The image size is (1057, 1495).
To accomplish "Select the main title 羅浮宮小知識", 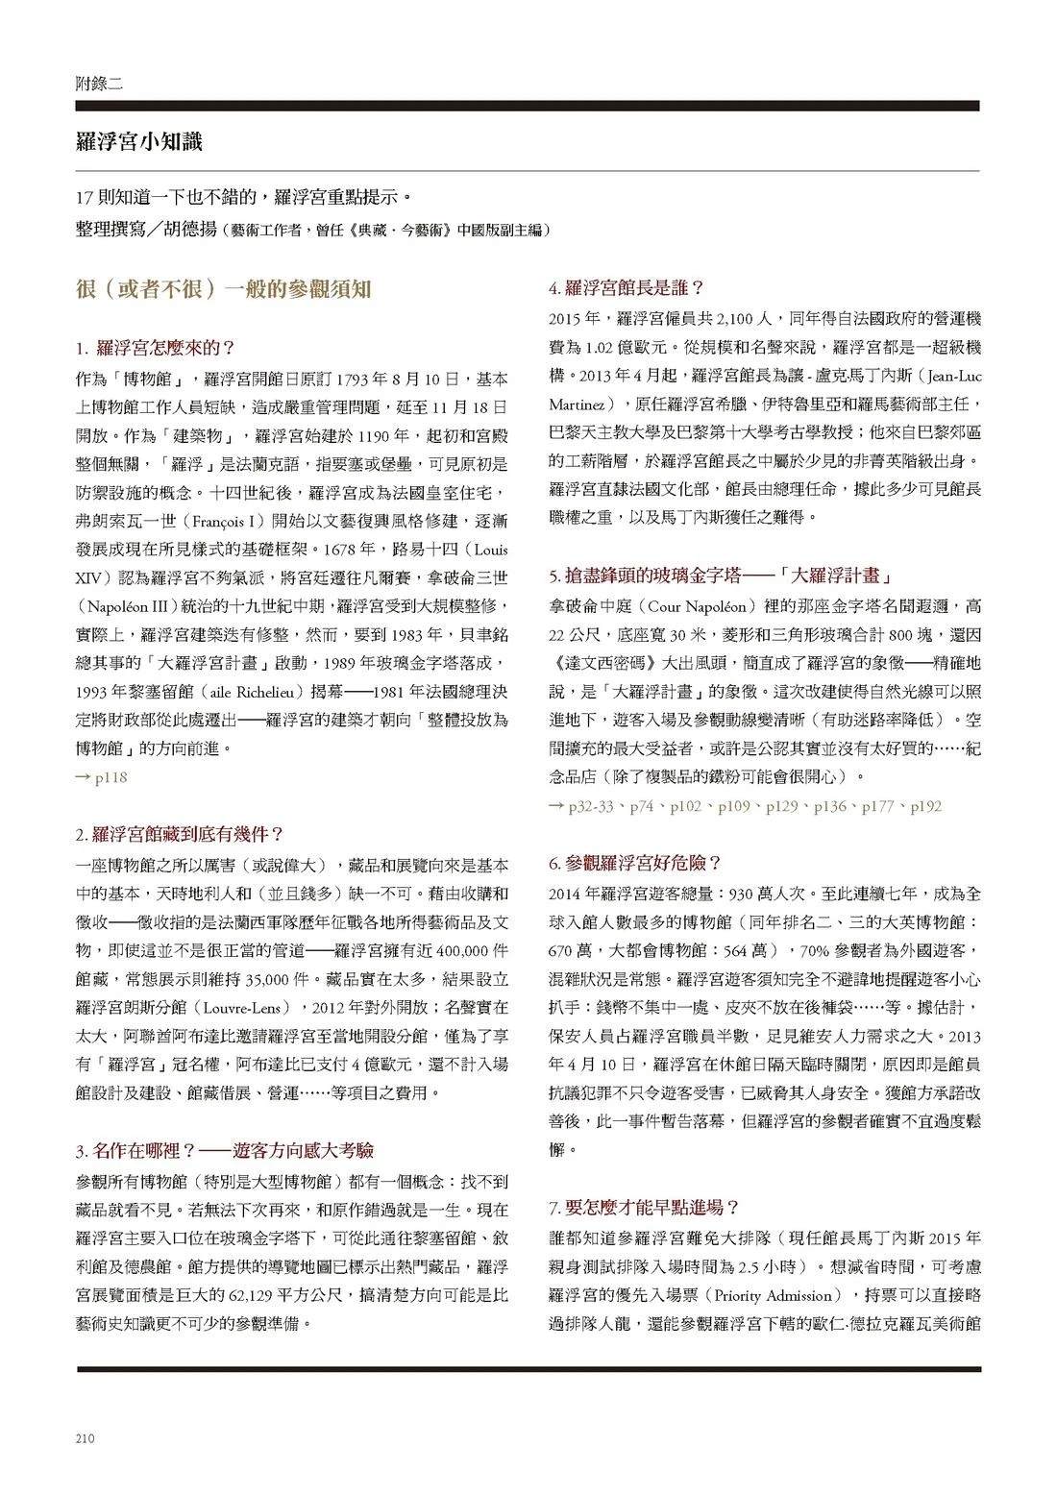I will point(138,142).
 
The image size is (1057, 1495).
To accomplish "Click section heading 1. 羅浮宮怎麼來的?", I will point(156,347).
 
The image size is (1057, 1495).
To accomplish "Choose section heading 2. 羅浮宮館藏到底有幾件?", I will point(180,834).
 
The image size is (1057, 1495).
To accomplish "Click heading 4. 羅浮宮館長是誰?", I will point(627,287).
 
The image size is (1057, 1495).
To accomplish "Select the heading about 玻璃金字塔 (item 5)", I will point(721,576).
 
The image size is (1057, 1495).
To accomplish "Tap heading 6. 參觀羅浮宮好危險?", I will point(635,863).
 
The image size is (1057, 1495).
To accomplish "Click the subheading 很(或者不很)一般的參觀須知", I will point(224,288).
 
